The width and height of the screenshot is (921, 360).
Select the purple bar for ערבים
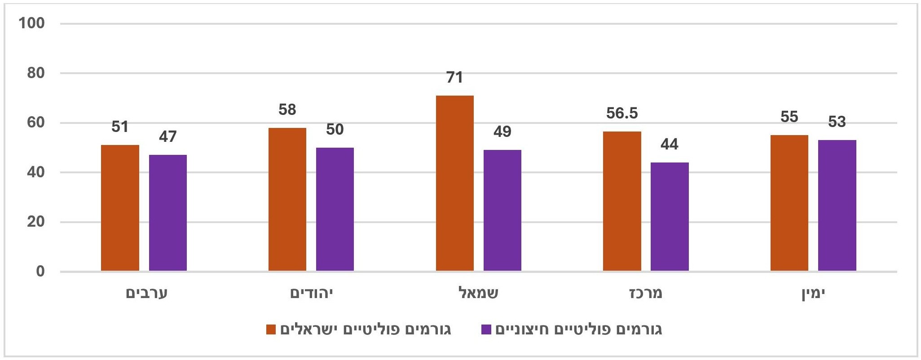(x=168, y=213)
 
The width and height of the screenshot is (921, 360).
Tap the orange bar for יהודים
(x=287, y=199)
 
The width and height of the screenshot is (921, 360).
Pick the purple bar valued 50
(x=335, y=209)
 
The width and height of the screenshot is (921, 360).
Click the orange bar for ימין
(x=789, y=203)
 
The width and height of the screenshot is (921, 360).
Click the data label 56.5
(x=622, y=114)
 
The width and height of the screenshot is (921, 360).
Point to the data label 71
(x=454, y=78)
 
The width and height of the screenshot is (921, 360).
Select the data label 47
(x=168, y=136)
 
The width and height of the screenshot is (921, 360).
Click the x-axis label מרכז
(x=645, y=294)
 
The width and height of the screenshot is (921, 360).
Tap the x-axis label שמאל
(x=478, y=294)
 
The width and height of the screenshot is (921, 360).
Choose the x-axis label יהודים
(x=312, y=294)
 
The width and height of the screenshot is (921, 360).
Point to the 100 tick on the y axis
(x=31, y=23)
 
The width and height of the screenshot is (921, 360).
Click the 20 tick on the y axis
(x=36, y=222)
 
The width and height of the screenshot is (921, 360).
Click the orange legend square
(x=271, y=329)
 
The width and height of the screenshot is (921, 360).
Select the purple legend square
(x=486, y=329)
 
